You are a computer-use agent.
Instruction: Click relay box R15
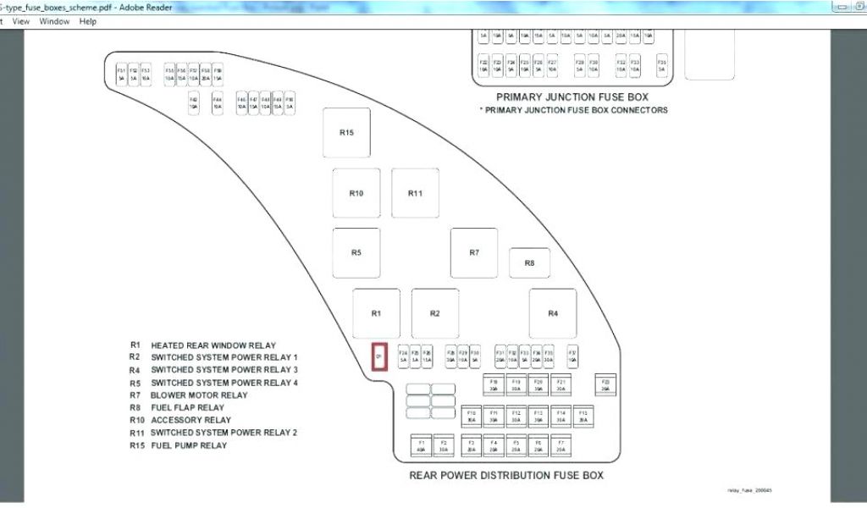point(346,132)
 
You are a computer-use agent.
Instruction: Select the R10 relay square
point(356,193)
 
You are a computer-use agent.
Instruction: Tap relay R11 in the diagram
point(415,193)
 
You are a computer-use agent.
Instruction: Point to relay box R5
point(356,252)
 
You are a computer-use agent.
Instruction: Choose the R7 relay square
point(474,252)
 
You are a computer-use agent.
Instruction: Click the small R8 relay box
point(529,263)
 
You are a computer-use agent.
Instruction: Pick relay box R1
point(376,313)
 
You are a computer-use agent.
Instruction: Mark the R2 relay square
point(435,313)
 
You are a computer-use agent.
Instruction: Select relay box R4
point(553,313)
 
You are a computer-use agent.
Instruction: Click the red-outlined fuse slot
point(379,357)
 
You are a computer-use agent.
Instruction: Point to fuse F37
point(572,356)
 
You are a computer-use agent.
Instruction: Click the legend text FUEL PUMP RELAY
point(189,445)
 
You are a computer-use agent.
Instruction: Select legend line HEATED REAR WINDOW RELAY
point(213,345)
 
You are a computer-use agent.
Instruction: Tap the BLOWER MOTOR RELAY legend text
point(199,395)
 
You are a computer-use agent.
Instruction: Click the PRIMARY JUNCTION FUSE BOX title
point(572,97)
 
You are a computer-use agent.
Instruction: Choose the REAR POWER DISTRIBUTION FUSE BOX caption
point(506,476)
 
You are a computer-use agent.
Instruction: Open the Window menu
point(54,21)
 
